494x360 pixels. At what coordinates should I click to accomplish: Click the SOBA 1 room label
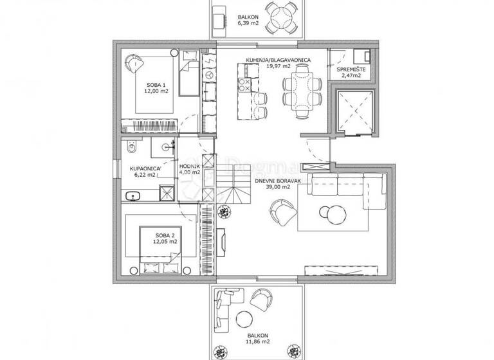[x=152, y=84]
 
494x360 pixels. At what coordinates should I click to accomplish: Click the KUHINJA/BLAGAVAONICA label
[x=278, y=60]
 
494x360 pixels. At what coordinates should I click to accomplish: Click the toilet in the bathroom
[x=131, y=148]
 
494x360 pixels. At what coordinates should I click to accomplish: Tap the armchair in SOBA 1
[x=133, y=62]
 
